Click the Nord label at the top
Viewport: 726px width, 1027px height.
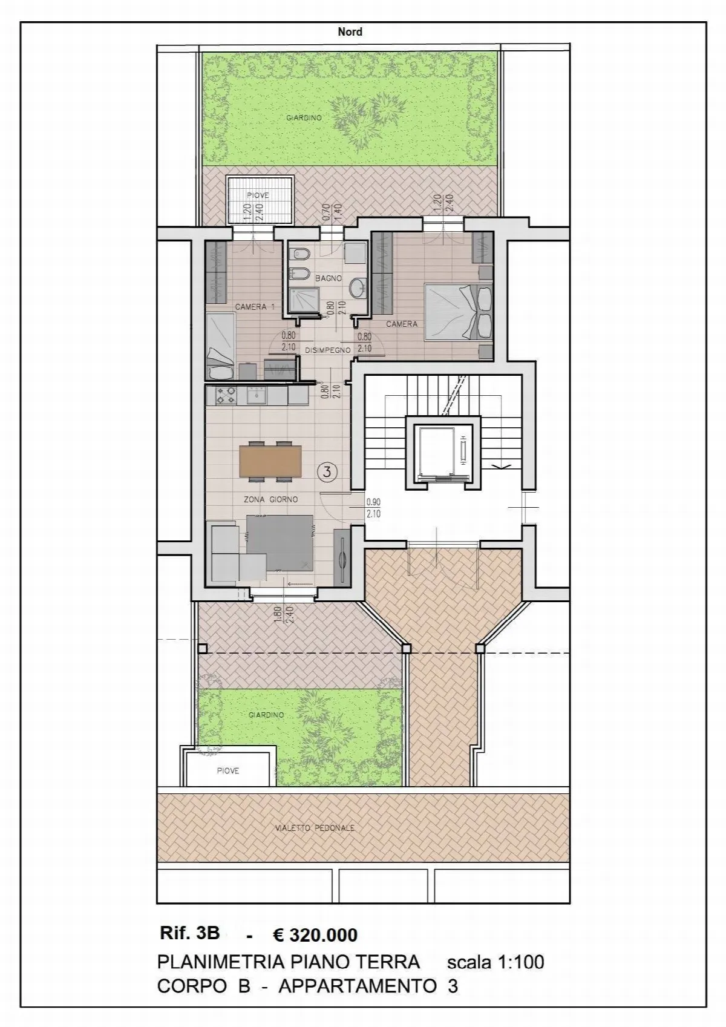click(x=350, y=31)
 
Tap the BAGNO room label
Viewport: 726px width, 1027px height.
click(x=329, y=278)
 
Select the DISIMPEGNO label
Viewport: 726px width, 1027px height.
click(x=328, y=350)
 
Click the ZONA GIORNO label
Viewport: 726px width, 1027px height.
click(x=270, y=499)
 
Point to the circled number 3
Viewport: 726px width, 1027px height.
click(x=327, y=471)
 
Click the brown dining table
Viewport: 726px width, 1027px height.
click(x=270, y=461)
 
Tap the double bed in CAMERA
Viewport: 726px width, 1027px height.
click(x=459, y=312)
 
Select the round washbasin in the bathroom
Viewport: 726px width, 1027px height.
click(x=357, y=287)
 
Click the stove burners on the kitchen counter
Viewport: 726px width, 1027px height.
click(x=221, y=396)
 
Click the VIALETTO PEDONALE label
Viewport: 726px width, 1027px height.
click(x=315, y=828)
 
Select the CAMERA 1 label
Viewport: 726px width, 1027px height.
click(x=255, y=307)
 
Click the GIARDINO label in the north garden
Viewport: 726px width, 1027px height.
click(x=304, y=118)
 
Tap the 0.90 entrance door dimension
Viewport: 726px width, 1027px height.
click(x=373, y=502)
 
